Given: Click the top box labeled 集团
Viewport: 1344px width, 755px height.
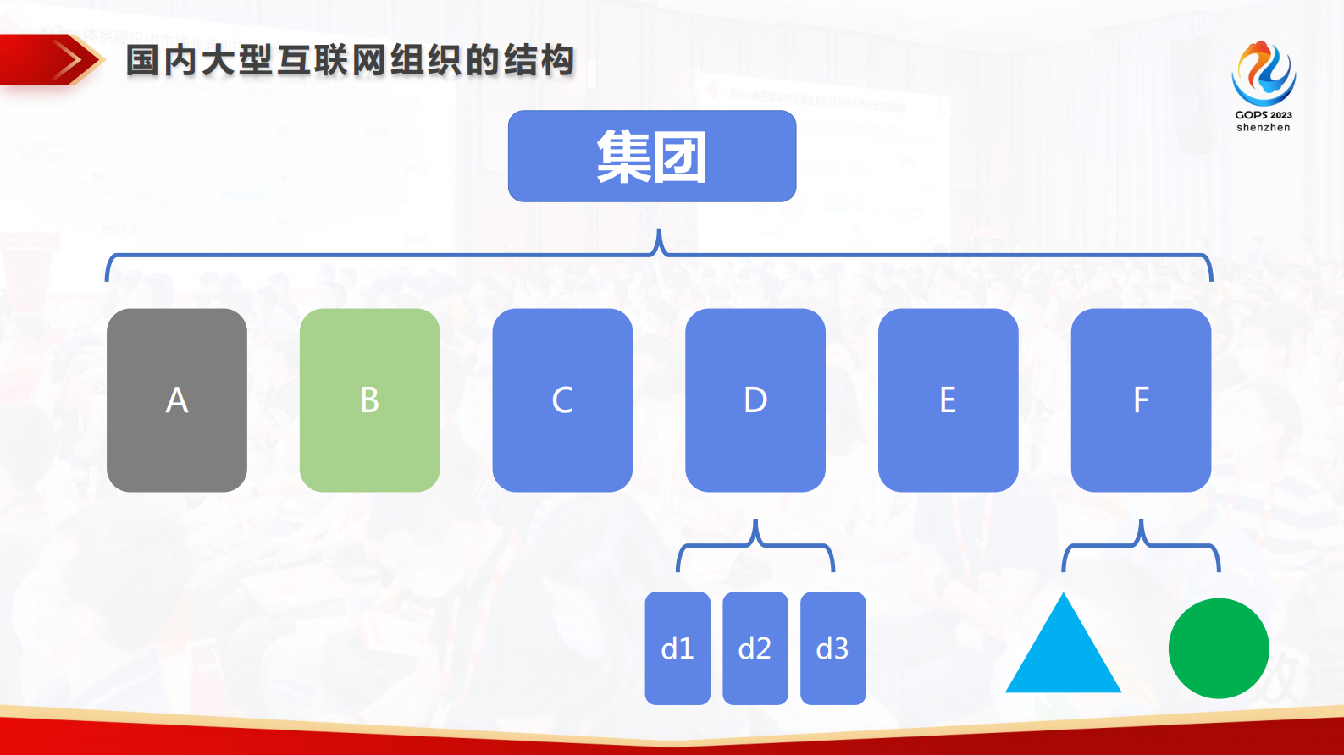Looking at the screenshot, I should [x=651, y=157].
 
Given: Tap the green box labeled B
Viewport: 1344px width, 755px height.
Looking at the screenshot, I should [x=369, y=400].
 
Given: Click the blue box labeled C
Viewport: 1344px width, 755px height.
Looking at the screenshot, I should [x=562, y=400].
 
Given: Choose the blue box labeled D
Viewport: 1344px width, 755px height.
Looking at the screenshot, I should [x=755, y=400].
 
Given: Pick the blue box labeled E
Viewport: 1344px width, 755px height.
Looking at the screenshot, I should [x=948, y=400].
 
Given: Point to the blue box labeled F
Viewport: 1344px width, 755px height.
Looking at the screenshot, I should [x=1141, y=400].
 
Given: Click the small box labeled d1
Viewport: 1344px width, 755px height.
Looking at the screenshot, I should [x=678, y=648].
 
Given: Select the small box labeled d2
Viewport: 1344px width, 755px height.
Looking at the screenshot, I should [x=755, y=648].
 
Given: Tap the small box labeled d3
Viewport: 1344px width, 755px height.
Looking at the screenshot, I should [x=832, y=648].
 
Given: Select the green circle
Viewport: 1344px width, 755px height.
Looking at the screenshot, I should [x=1218, y=648].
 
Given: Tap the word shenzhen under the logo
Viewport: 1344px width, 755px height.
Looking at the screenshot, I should [x=1264, y=128].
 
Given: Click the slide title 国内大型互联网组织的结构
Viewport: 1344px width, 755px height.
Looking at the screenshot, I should [x=351, y=61].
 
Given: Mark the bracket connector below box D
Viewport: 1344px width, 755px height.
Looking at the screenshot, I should [x=755, y=545].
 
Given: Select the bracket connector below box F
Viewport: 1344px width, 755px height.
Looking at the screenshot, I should [x=1141, y=545].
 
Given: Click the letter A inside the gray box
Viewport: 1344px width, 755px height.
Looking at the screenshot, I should [x=176, y=400].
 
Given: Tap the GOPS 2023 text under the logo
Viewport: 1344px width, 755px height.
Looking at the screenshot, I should [x=1264, y=115].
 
